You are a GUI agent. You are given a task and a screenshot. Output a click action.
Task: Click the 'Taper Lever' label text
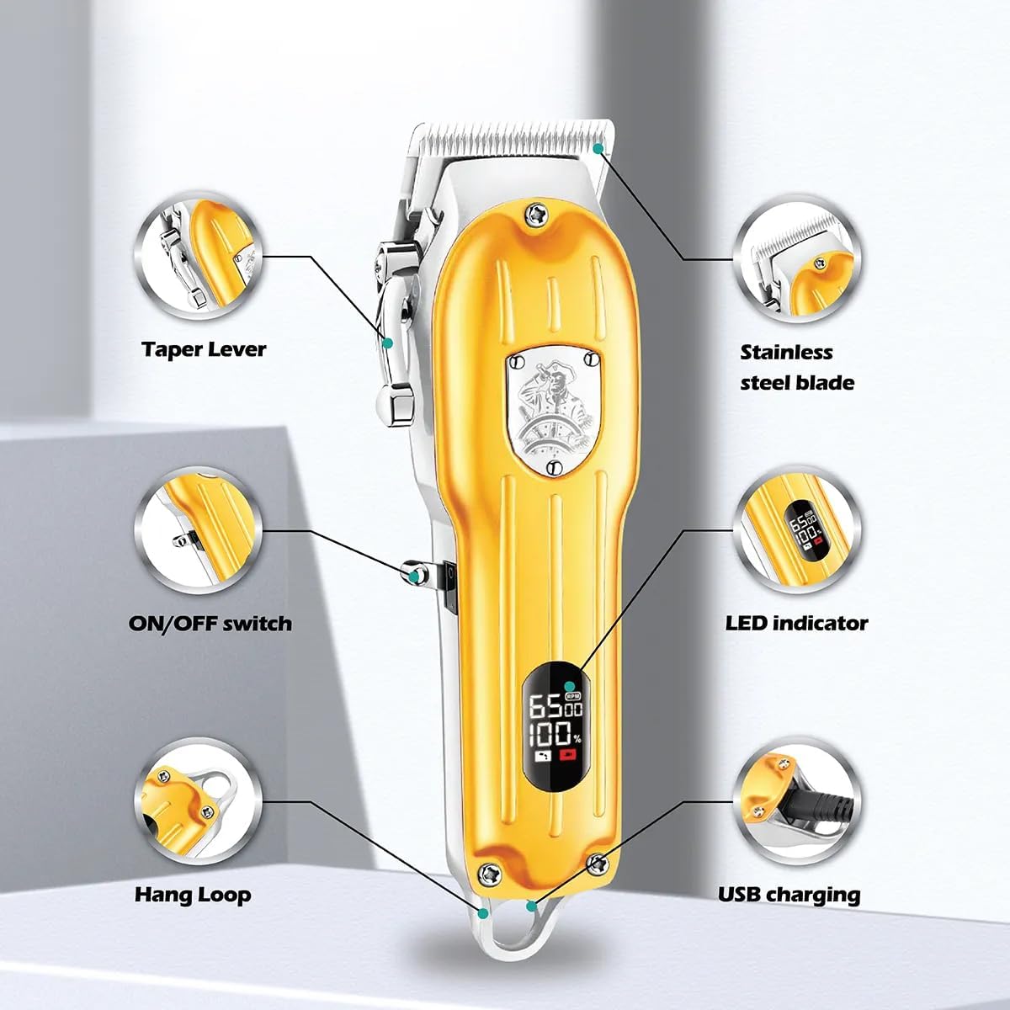click(x=204, y=349)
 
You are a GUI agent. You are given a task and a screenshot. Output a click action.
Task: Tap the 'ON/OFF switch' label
click(x=210, y=624)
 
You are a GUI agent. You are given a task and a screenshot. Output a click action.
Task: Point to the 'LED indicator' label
click(x=797, y=623)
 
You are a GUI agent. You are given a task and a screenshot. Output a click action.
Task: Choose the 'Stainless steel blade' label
click(x=797, y=368)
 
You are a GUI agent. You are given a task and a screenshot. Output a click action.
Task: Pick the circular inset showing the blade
click(x=797, y=259)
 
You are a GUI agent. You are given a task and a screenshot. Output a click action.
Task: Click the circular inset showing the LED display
click(x=797, y=530)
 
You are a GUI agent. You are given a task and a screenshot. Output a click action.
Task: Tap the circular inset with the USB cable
click(x=797, y=802)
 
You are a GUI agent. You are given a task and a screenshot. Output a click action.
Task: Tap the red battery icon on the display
click(x=567, y=755)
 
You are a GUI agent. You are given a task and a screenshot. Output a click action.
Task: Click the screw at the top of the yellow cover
click(x=537, y=214)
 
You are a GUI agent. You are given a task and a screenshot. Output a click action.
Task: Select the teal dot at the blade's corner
click(x=598, y=149)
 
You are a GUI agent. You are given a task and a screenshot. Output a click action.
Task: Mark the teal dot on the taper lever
click(x=388, y=343)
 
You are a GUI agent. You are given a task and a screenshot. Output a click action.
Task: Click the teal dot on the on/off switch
click(x=413, y=577)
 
